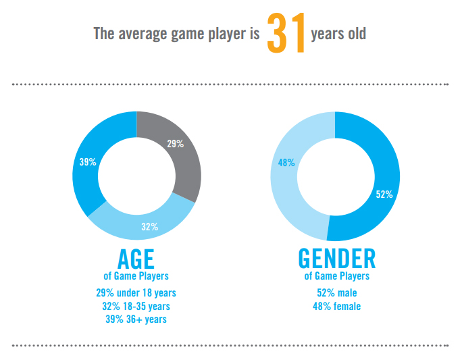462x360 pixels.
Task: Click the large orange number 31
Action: (x=286, y=32)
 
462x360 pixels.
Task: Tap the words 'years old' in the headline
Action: (x=338, y=32)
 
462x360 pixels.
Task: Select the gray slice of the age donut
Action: (x=179, y=155)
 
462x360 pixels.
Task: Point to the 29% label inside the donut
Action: (x=175, y=143)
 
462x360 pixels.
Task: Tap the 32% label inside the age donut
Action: (x=149, y=227)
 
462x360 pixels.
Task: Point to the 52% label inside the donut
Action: (x=384, y=195)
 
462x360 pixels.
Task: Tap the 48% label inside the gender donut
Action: (x=286, y=162)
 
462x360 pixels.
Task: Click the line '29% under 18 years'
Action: (x=136, y=292)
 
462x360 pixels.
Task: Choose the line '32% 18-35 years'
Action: (x=136, y=306)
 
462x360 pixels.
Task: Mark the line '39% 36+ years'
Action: (x=136, y=319)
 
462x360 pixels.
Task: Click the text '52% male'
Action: (x=336, y=292)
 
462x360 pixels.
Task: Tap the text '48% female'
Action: (x=336, y=306)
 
